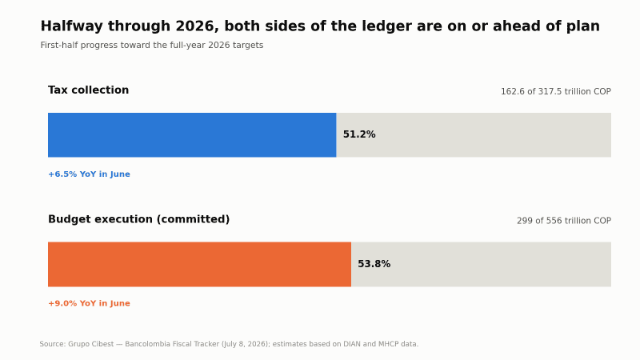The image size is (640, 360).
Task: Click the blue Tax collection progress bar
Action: [x=192, y=135]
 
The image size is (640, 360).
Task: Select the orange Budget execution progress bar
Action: [x=199, y=264]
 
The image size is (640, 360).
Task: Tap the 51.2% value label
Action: [x=359, y=134]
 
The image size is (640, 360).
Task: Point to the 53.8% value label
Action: [x=374, y=264]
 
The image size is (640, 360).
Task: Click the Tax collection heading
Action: [x=88, y=90]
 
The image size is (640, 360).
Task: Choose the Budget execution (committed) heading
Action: [x=138, y=219]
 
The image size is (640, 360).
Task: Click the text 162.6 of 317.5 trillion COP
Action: [x=556, y=91]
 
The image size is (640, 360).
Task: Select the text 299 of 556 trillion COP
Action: [x=564, y=221]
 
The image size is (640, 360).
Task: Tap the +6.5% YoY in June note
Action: [x=89, y=174]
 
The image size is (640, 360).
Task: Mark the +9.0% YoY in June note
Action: [x=89, y=303]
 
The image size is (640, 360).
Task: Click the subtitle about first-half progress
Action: [x=152, y=46]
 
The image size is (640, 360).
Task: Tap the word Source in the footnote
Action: [x=52, y=344]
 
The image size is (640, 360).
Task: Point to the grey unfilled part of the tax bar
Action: [x=474, y=135]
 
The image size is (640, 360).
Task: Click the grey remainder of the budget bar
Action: [x=481, y=264]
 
